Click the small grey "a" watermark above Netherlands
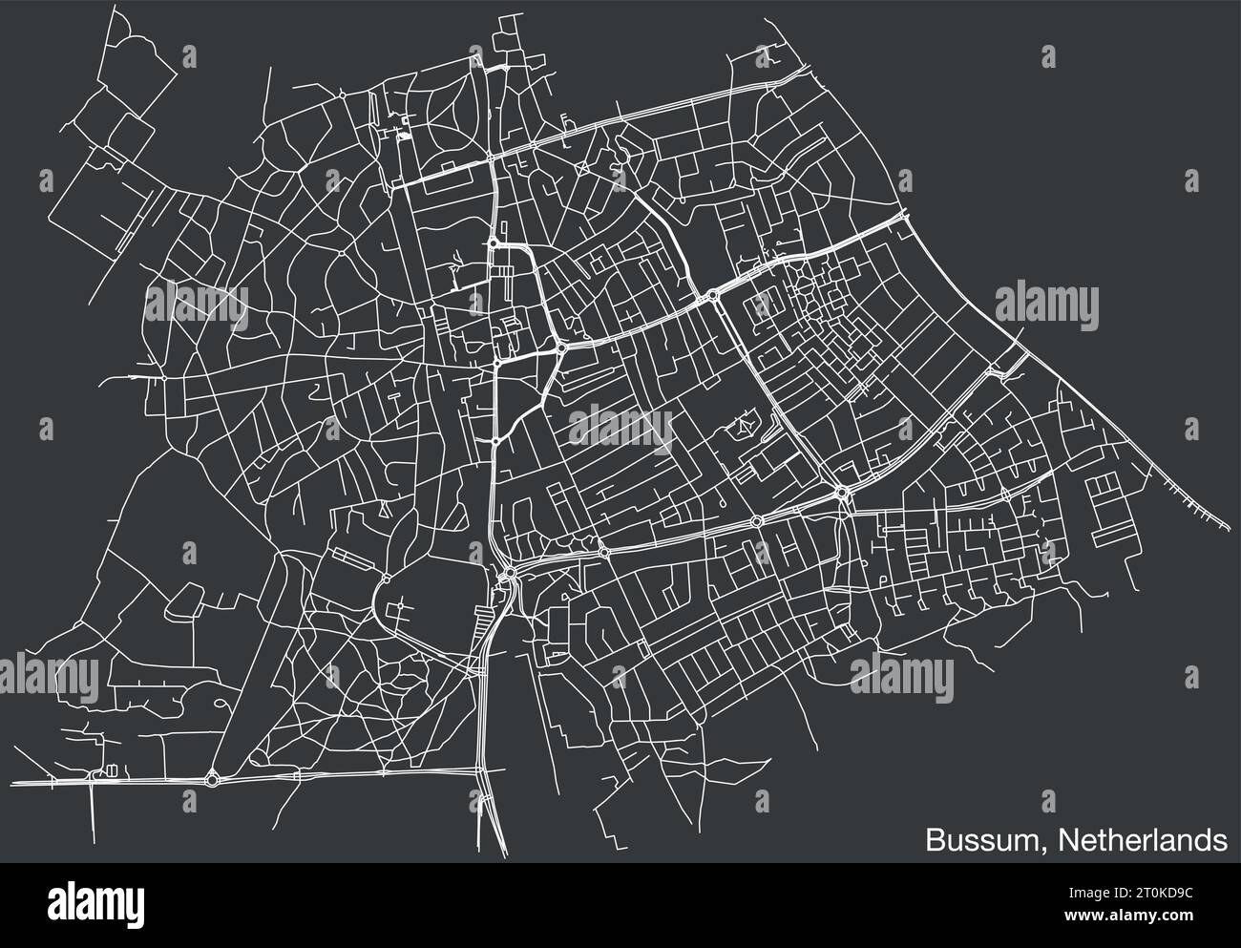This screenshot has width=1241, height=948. (x=1049, y=796)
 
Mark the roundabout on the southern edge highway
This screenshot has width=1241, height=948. (x=212, y=780)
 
